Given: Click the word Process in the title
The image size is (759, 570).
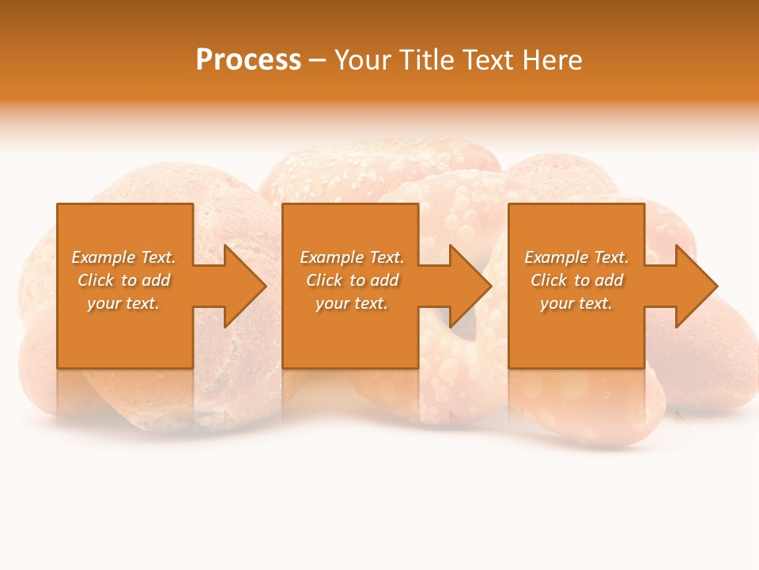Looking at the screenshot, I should pos(248,60).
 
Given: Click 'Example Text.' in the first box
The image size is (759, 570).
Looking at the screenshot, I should pos(123,257).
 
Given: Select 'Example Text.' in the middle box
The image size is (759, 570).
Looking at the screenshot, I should pos(352,257).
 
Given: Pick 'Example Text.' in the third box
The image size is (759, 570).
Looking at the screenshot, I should pos(576,257).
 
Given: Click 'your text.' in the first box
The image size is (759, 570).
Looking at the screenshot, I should pos(123,303).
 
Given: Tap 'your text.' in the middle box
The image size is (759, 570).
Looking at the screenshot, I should pos(352,303).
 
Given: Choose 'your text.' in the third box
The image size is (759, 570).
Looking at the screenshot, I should pos(576,303).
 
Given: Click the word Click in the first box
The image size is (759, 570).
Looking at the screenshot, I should pos(96,280).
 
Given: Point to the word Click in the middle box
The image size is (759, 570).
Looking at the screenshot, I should pos(325,280).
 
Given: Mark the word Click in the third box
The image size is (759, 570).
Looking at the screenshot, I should pos(549,280).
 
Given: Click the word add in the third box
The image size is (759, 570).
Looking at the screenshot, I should pos(608,280).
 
